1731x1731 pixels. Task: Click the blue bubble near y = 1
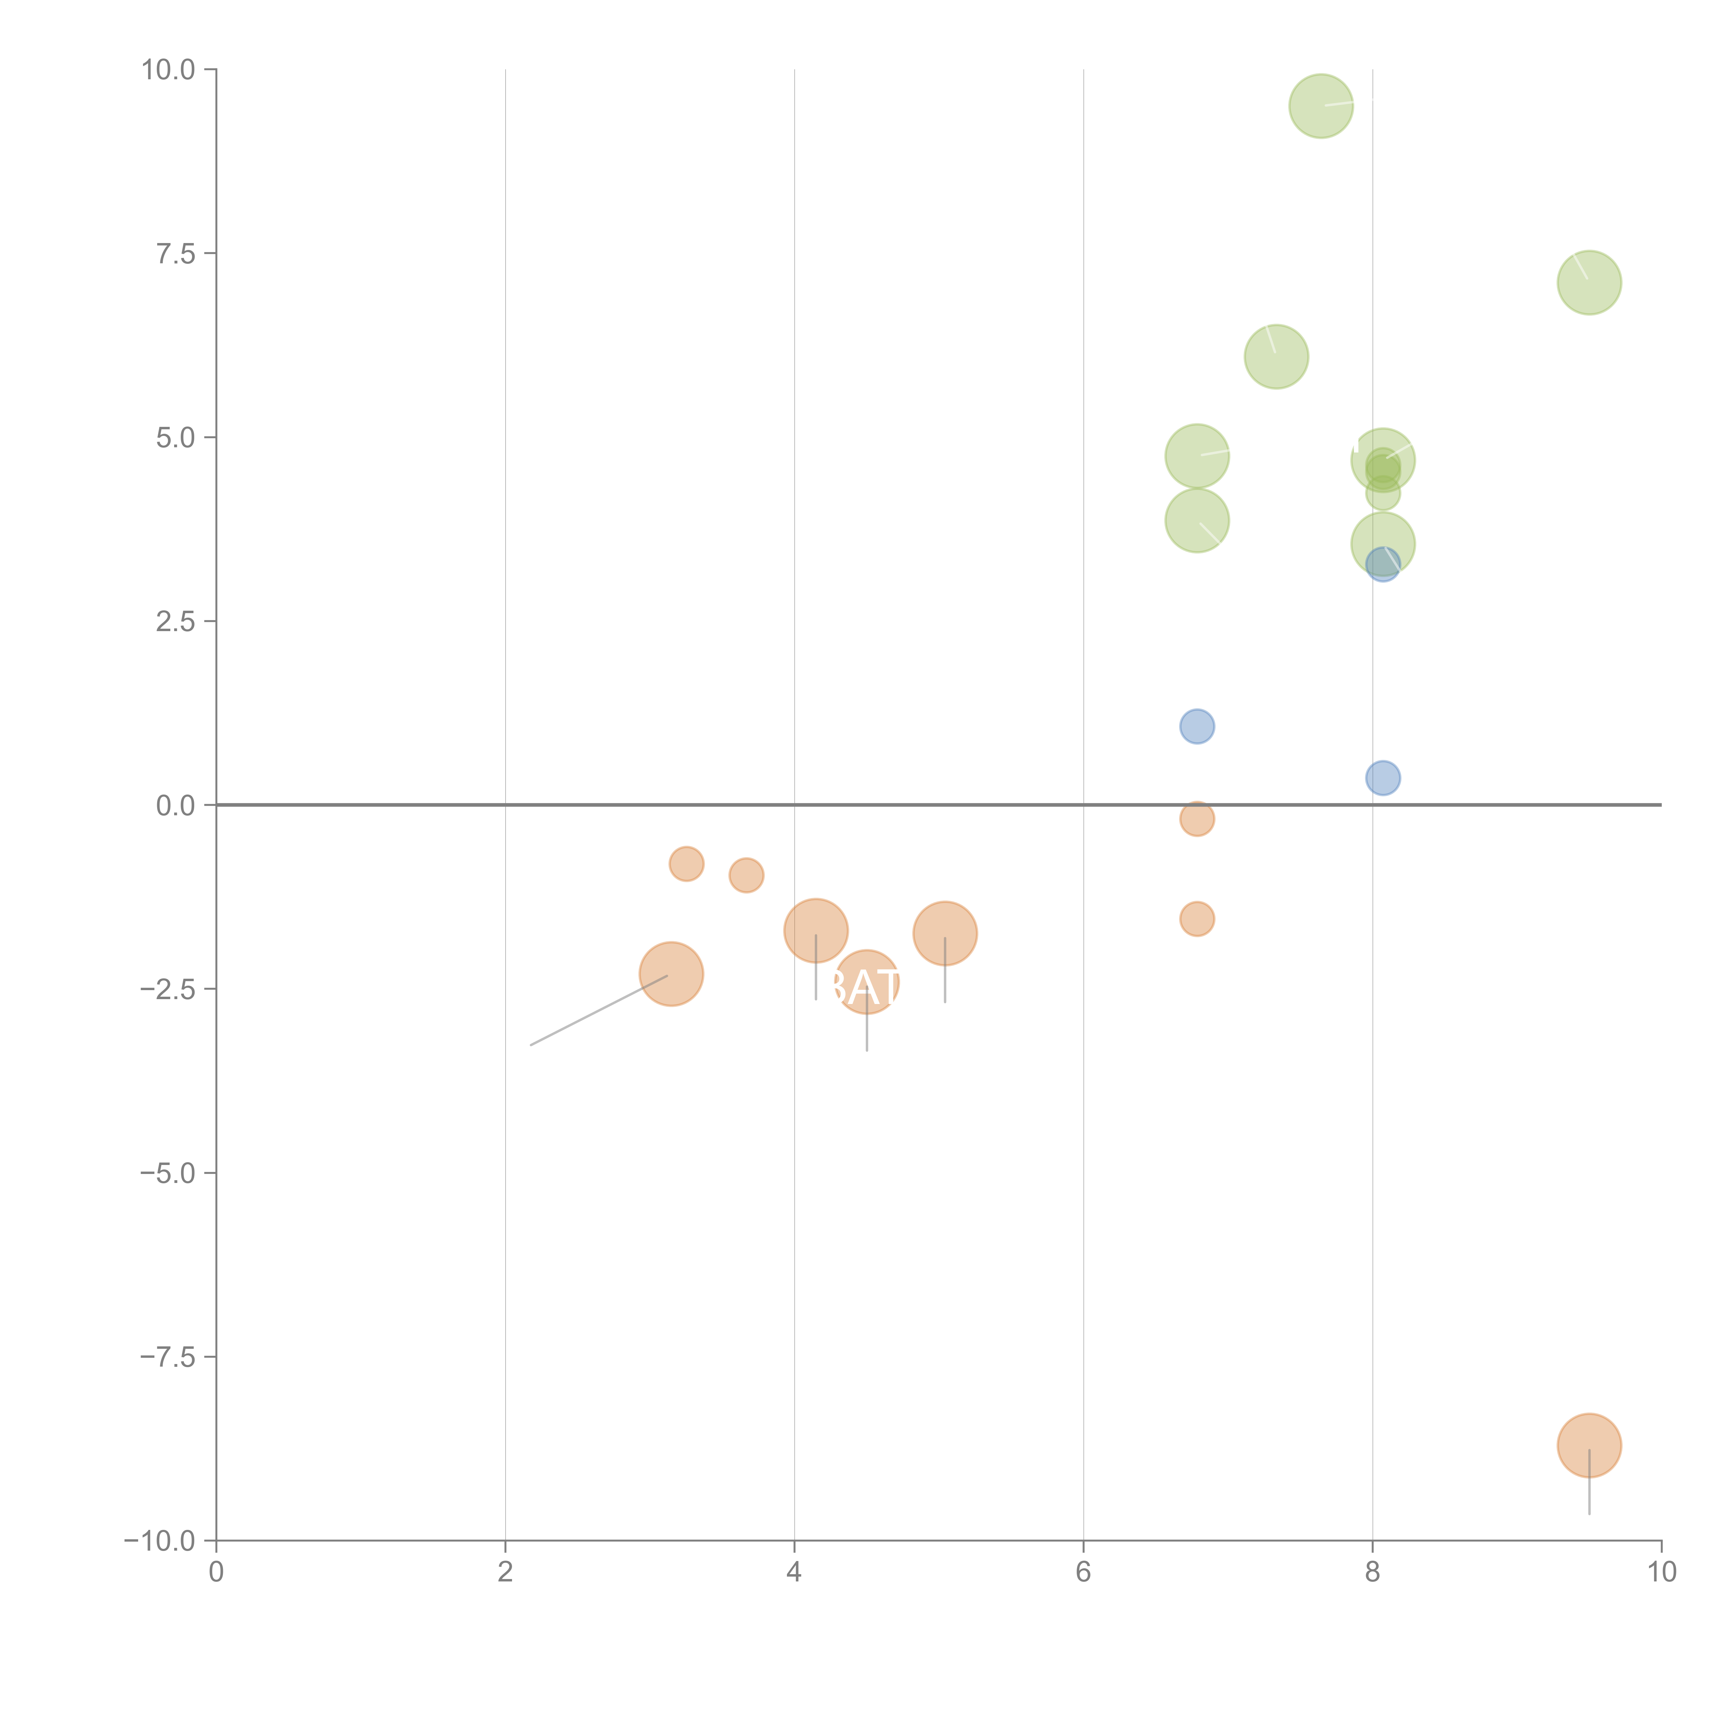1197,726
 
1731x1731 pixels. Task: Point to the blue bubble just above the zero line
1382,778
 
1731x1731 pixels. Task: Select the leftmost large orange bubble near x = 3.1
671,974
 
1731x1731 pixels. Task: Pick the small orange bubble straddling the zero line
1197,818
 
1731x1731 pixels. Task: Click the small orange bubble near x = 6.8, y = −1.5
1197,918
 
